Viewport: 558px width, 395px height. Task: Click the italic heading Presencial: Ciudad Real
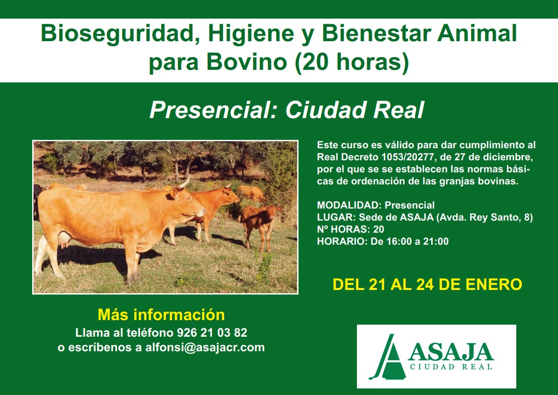(287, 110)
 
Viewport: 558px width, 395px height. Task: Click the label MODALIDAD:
(349, 206)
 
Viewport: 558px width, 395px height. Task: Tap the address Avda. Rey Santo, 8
(484, 218)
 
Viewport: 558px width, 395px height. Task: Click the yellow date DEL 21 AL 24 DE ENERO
(427, 284)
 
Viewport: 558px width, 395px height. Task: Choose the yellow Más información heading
(161, 315)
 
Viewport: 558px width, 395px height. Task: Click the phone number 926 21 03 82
(212, 333)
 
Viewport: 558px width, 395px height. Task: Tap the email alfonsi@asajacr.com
(205, 348)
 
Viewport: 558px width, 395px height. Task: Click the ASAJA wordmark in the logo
(451, 352)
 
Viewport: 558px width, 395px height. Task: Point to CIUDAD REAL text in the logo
(451, 367)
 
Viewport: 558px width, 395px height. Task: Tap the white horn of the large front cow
(184, 182)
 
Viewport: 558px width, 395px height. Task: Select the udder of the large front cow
(64, 241)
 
